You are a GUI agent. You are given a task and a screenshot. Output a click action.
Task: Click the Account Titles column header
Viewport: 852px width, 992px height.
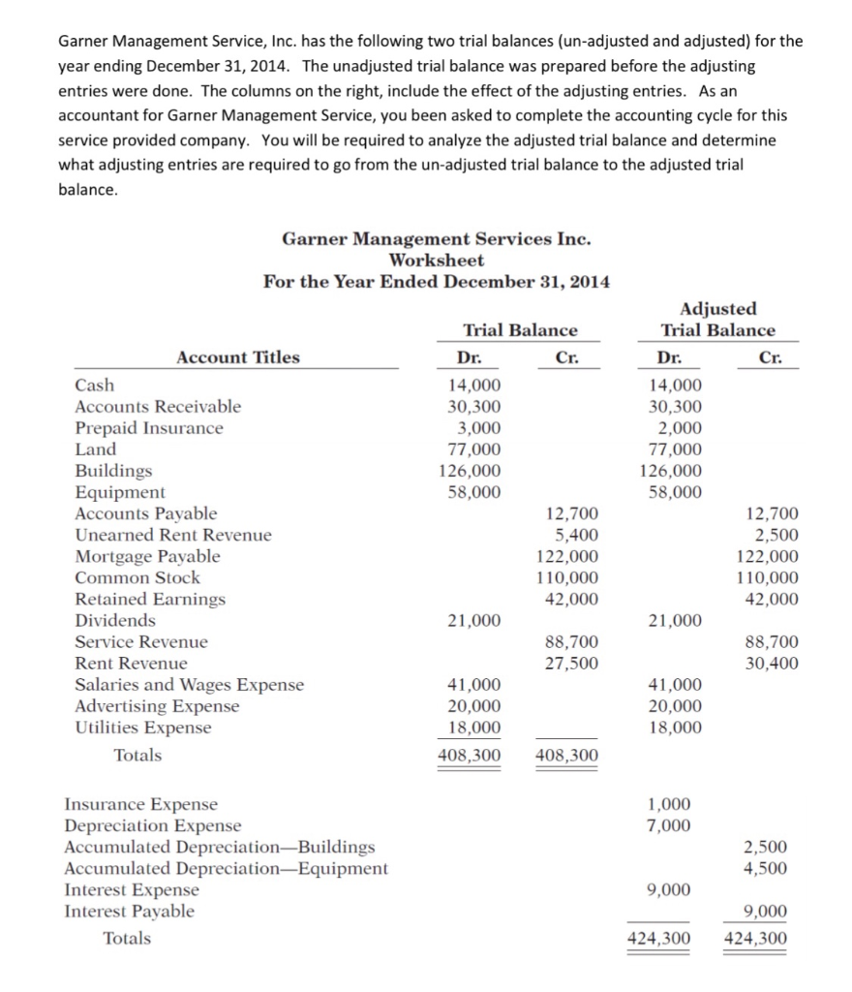tap(237, 357)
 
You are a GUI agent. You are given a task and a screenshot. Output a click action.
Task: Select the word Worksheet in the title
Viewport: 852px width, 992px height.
tap(436, 260)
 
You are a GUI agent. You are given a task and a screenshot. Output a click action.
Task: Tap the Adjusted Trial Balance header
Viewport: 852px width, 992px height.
tap(717, 319)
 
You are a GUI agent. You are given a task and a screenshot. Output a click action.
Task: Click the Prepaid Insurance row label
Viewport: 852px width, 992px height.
tap(149, 428)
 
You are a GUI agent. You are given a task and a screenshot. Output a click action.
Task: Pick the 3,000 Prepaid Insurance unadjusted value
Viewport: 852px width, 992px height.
tap(480, 428)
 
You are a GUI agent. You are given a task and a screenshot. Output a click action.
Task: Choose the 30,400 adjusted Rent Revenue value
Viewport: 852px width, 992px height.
tap(772, 664)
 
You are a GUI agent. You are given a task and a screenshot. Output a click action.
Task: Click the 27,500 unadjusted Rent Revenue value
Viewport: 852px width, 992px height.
tap(571, 664)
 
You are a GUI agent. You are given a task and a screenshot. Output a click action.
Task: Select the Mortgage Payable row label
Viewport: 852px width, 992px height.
tap(147, 556)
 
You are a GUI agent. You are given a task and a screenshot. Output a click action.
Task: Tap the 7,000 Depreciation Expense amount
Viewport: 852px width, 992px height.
tap(669, 825)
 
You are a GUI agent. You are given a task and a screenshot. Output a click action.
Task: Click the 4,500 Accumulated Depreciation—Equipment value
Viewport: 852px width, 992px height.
tap(772, 868)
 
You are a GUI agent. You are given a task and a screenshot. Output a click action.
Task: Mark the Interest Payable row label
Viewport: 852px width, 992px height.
tap(129, 911)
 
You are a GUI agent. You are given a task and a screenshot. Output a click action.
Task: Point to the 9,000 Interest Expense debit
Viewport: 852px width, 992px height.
tap(669, 889)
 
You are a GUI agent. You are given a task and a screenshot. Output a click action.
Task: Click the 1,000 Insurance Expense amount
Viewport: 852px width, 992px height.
tap(669, 804)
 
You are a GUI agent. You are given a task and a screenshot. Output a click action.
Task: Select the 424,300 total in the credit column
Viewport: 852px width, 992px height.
tap(755, 938)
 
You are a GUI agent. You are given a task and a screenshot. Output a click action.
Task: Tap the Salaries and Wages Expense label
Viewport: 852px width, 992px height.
tap(189, 685)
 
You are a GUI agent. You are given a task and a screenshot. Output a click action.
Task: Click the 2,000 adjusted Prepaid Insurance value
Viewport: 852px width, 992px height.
tap(675, 428)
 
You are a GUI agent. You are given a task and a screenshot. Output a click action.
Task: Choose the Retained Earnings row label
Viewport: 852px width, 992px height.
tap(150, 599)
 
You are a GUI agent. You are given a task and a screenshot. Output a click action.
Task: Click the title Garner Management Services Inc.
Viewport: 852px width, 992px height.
tap(436, 238)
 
